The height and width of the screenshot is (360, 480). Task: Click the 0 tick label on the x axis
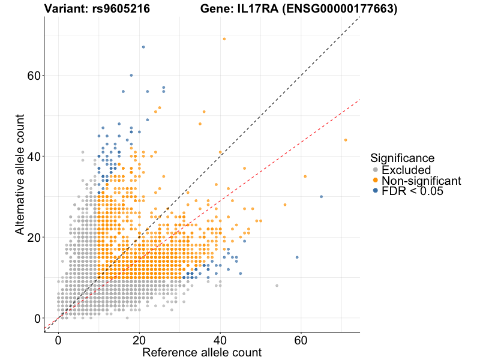click(x=59, y=340)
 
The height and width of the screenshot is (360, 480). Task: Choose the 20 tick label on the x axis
click(x=139, y=340)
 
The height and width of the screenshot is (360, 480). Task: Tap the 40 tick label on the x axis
click(x=220, y=340)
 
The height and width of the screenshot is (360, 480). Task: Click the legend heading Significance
click(x=402, y=158)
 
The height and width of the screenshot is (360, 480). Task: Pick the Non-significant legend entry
click(x=421, y=181)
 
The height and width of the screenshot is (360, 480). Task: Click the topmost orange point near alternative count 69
click(x=224, y=39)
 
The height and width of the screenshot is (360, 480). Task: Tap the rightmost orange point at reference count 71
click(x=346, y=140)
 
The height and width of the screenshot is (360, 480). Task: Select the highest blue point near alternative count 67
click(x=143, y=47)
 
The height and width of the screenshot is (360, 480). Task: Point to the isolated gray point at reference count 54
click(x=277, y=286)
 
